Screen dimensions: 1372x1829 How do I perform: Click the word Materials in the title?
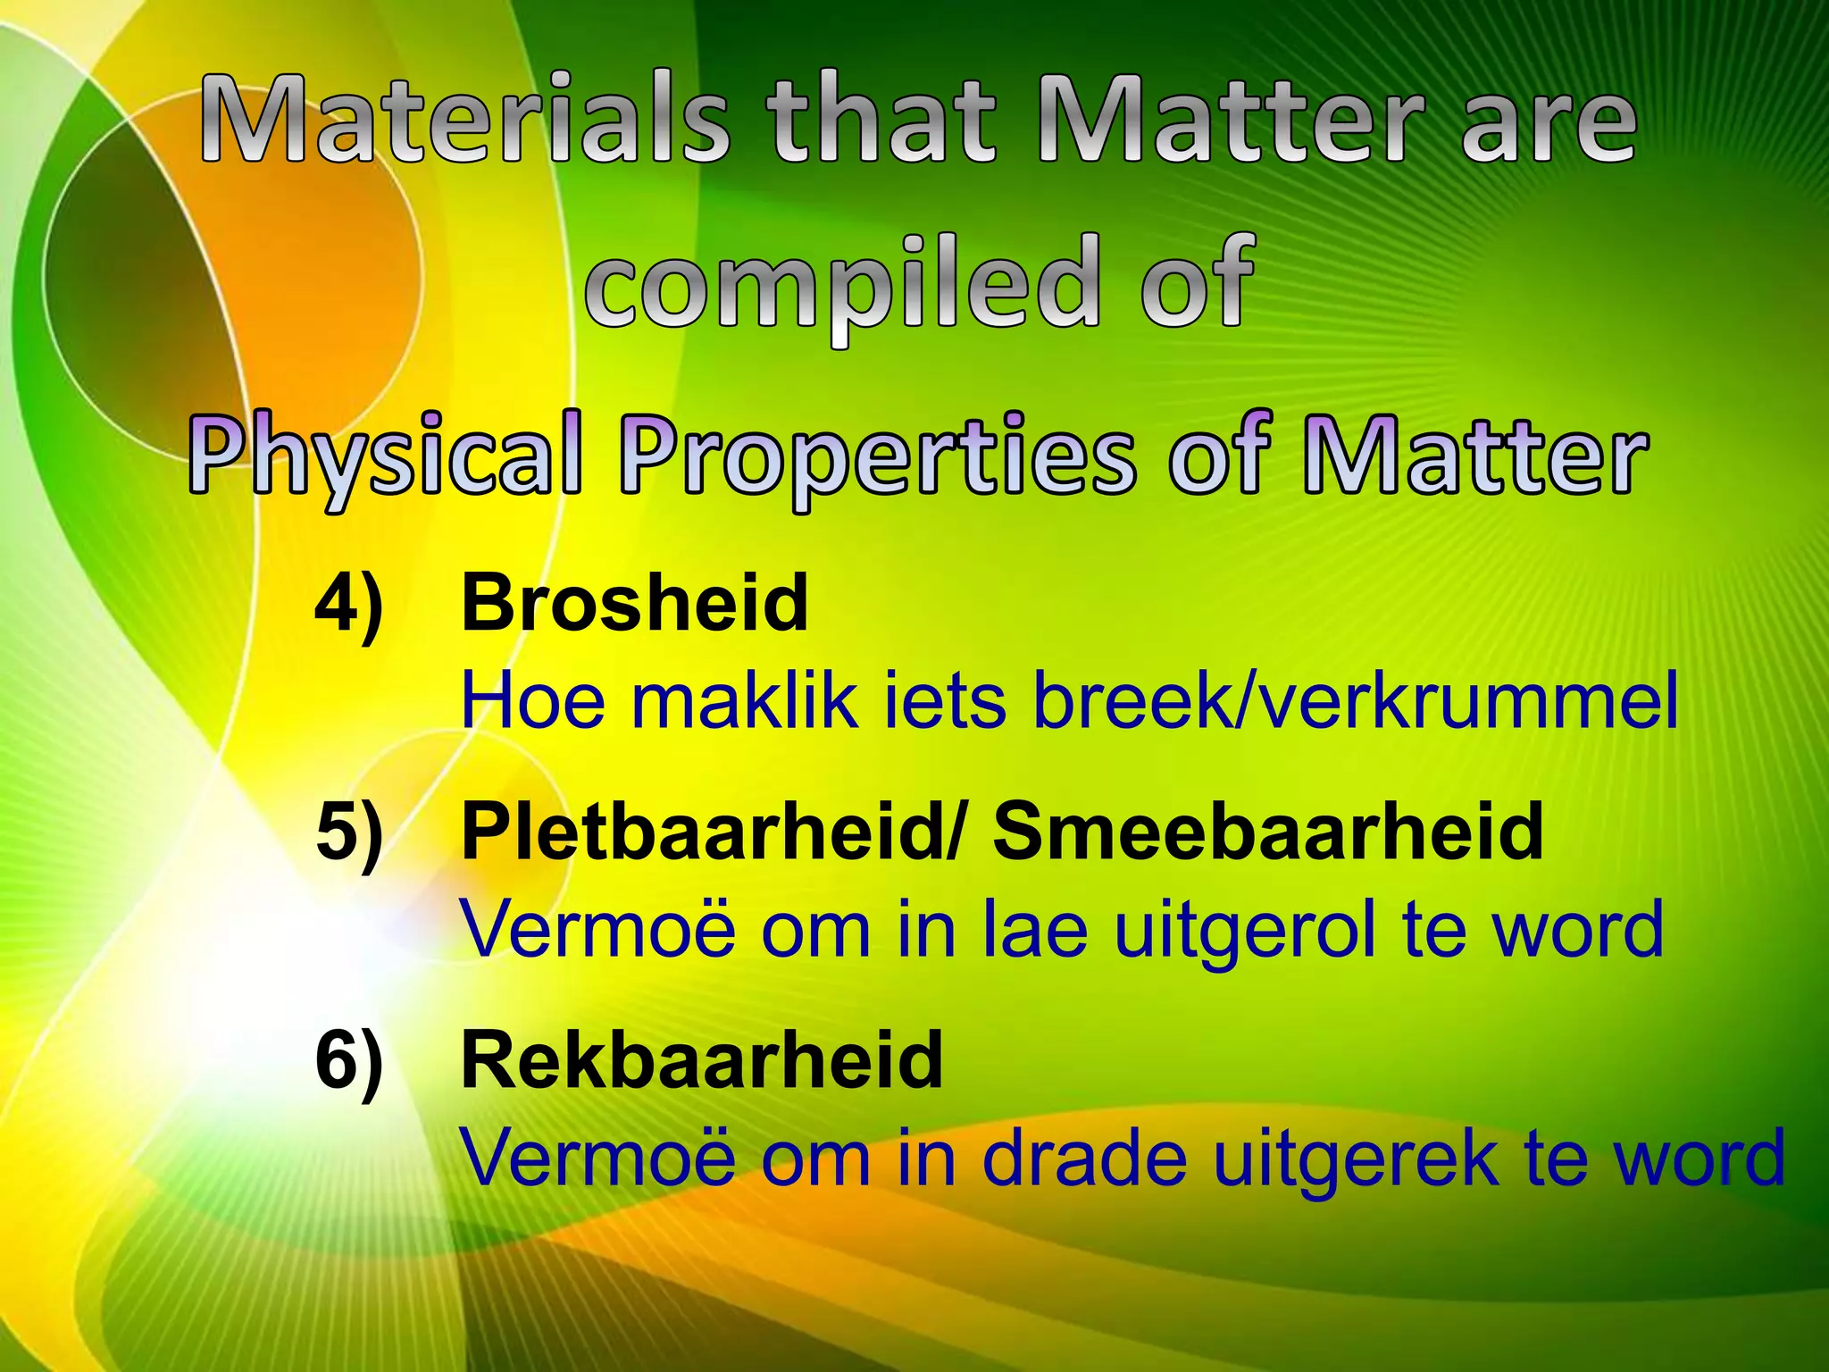pyautogui.click(x=464, y=121)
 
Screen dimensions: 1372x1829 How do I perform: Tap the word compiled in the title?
pyautogui.click(x=839, y=281)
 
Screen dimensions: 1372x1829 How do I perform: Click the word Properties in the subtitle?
pyautogui.click(x=879, y=456)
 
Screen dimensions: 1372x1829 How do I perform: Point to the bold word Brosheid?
pyautogui.click(x=634, y=604)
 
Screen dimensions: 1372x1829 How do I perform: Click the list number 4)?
pyautogui.click(x=349, y=604)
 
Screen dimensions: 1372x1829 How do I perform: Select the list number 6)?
pyautogui.click(x=349, y=1061)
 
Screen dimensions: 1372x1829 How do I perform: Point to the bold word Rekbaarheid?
pyautogui.click(x=701, y=1061)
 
